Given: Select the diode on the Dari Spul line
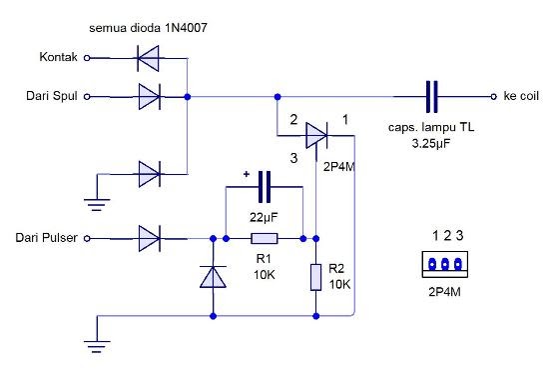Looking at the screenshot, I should click(148, 97).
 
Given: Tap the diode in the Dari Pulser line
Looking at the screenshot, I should click(149, 238).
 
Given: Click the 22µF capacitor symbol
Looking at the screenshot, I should click(265, 187).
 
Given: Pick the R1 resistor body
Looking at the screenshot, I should click(265, 239).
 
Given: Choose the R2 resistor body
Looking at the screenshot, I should click(315, 276).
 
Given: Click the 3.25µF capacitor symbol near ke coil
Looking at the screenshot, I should click(431, 97).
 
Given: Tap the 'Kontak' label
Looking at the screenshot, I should click(58, 58).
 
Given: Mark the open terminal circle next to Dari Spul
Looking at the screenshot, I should click(88, 97).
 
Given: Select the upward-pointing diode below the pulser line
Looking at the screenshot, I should click(213, 276).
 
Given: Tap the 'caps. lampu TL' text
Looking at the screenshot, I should click(431, 130).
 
